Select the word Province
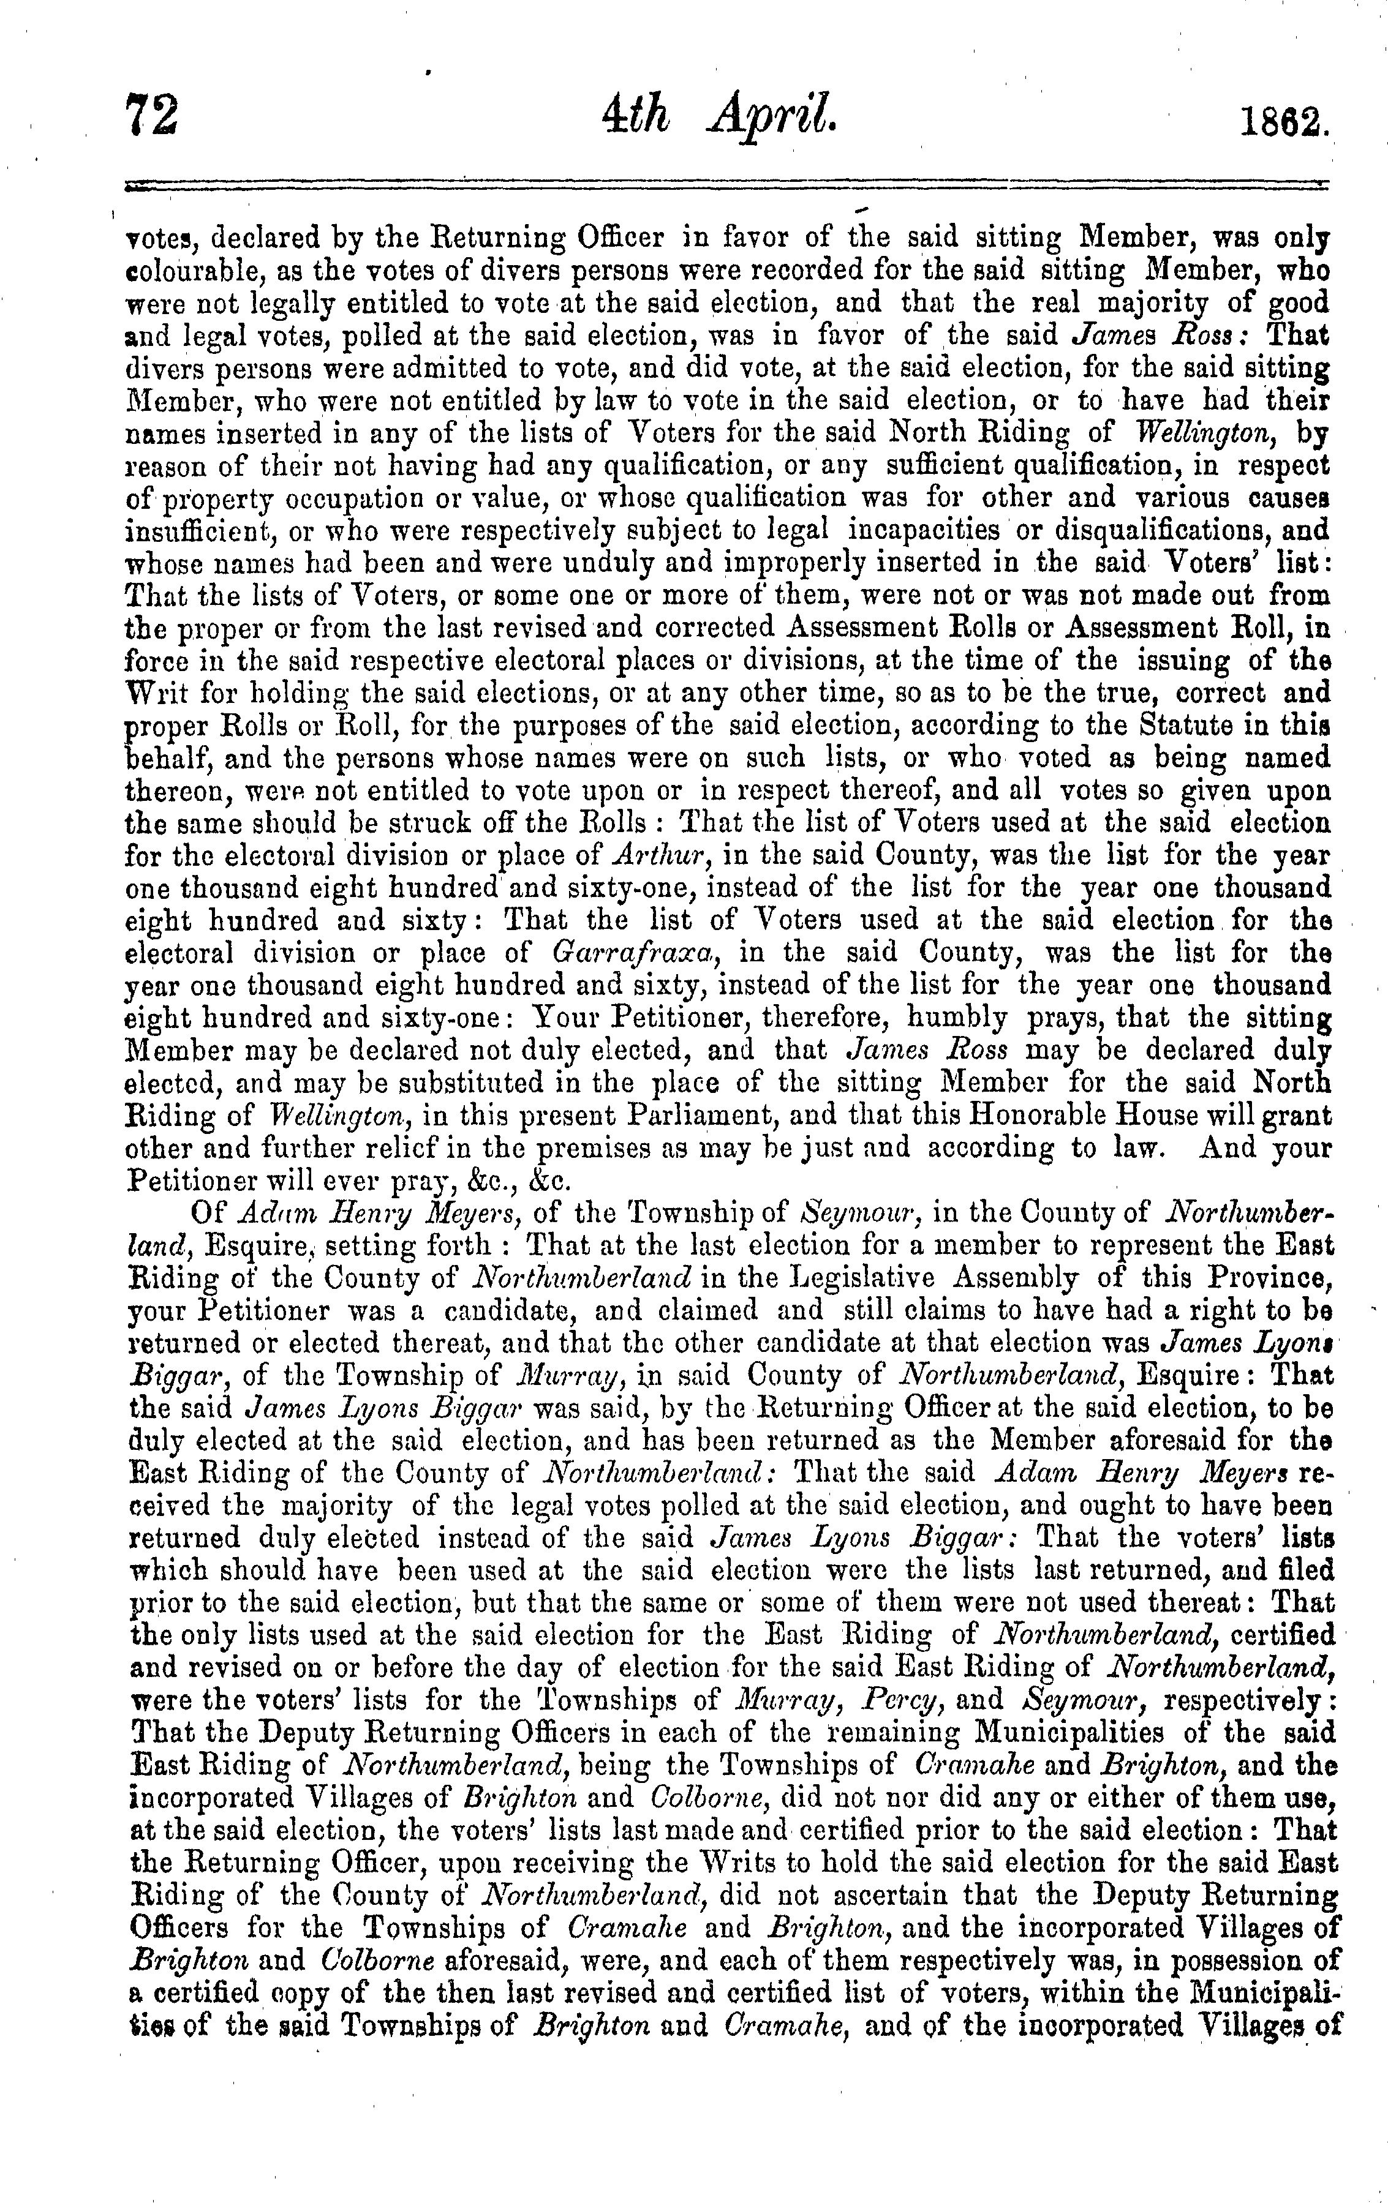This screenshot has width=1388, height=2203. point(1265,1277)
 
